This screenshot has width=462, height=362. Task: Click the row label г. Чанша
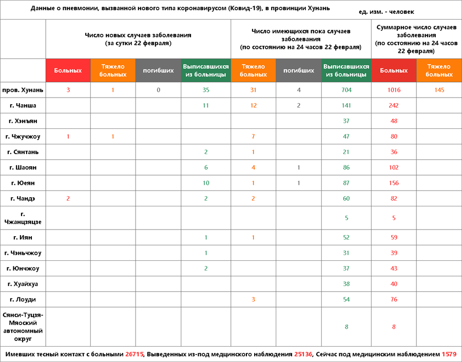coord(23,106)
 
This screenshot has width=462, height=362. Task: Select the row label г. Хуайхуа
coord(23,284)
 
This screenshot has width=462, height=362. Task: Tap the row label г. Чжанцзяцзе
coord(23,218)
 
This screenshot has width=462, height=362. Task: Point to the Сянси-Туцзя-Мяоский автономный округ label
coord(23,327)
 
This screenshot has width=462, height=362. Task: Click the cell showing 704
coord(346,90)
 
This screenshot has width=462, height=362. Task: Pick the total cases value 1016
coord(394,90)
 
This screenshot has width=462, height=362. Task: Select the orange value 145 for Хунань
coord(439,90)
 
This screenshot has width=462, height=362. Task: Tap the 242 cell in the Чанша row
coord(394,106)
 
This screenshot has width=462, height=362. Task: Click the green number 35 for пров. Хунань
coord(205,90)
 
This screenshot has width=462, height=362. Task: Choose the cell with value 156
coord(394,183)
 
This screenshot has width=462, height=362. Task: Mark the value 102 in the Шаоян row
coord(394,167)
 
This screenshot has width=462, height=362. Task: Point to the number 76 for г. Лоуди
coord(394,299)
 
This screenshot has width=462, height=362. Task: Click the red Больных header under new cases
coord(68,70)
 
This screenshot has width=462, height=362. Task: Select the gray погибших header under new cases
coord(158,70)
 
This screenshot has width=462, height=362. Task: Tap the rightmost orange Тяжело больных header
coord(439,70)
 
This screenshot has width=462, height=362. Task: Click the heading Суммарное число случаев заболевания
coord(416,39)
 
